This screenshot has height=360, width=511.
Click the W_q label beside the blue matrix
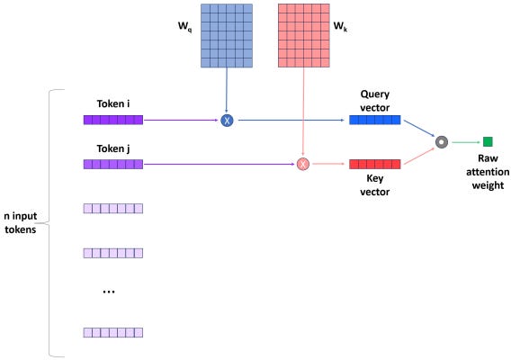pyautogui.click(x=184, y=40)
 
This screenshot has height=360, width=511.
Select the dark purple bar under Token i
pyautogui.click(x=112, y=120)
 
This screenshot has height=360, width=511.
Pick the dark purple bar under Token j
pyautogui.click(x=112, y=165)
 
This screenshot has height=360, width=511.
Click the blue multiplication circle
pyautogui.click(x=227, y=120)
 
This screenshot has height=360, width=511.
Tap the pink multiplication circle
pyautogui.click(x=303, y=165)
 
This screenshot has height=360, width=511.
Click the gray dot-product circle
pyautogui.click(x=441, y=141)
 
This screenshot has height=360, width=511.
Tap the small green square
pyautogui.click(x=488, y=141)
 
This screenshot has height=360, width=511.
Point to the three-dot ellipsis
pyautogui.click(x=109, y=292)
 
